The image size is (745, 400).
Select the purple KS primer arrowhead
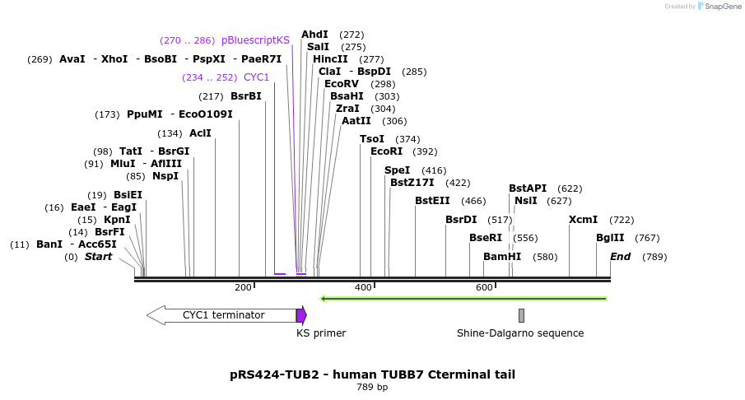(x=301, y=315)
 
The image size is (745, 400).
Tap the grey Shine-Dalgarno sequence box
(x=521, y=315)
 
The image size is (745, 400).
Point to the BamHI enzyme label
(x=502, y=257)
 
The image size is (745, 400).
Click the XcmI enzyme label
(x=584, y=220)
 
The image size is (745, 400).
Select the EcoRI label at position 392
(x=386, y=151)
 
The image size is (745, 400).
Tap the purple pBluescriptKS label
(x=255, y=40)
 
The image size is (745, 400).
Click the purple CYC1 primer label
(x=254, y=77)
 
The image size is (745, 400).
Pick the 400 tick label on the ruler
(x=363, y=287)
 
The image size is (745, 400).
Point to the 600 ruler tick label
(x=484, y=287)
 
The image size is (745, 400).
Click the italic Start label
(x=98, y=257)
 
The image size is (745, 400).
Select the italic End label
(x=620, y=257)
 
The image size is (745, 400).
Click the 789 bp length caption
(x=372, y=388)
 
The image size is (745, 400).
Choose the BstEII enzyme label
(x=432, y=201)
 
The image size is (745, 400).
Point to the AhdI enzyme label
(x=314, y=35)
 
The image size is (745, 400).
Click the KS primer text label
(x=321, y=333)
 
